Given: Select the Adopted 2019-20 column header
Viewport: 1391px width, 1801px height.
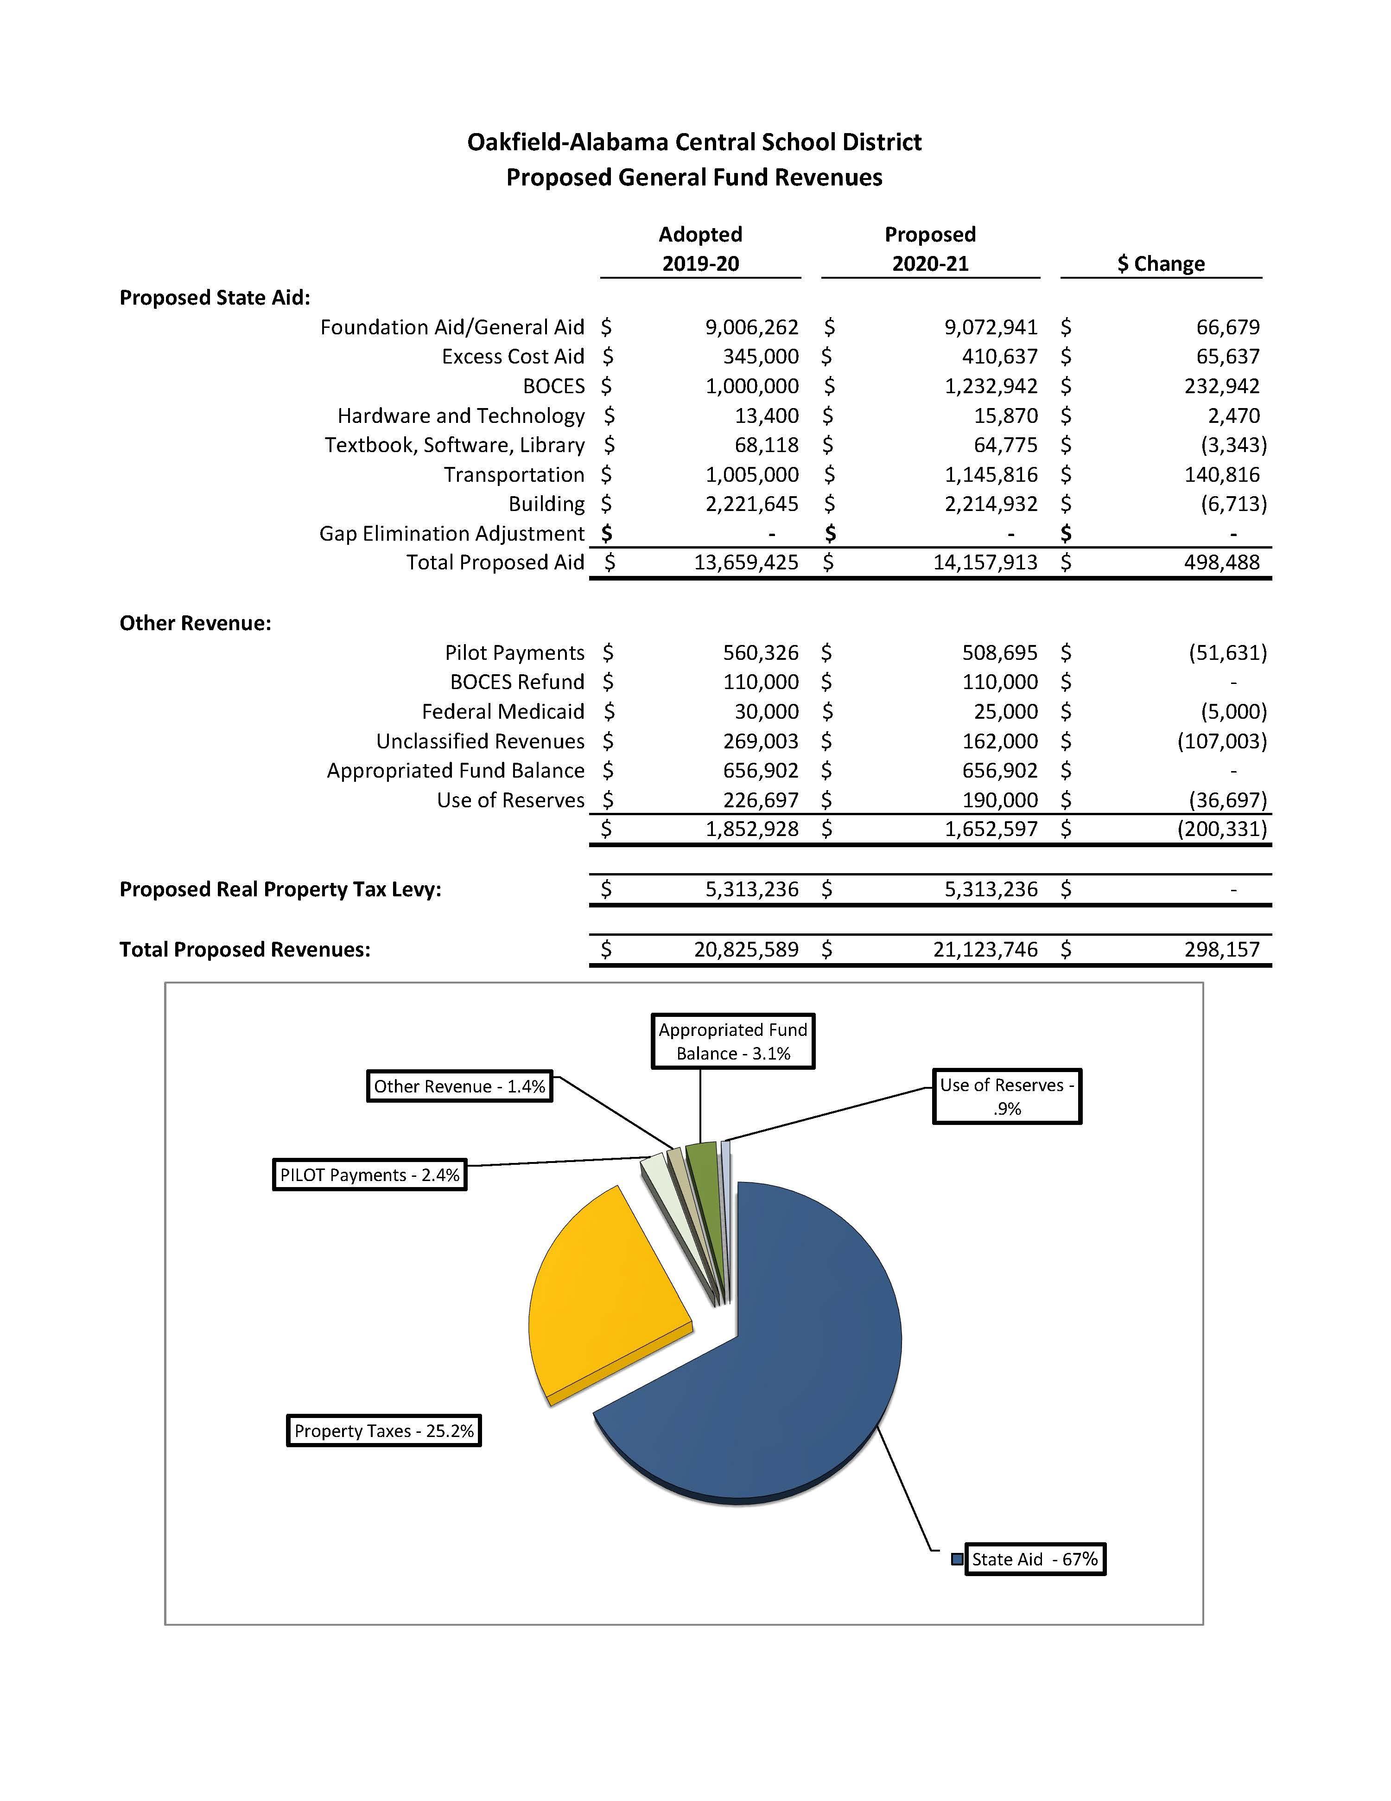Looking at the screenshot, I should point(700,249).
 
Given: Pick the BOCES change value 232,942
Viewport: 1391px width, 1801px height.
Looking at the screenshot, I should point(1221,386).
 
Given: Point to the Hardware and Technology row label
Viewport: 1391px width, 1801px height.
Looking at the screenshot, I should point(460,415).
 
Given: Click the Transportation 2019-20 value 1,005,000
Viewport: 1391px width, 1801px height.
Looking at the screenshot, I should point(751,475).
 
